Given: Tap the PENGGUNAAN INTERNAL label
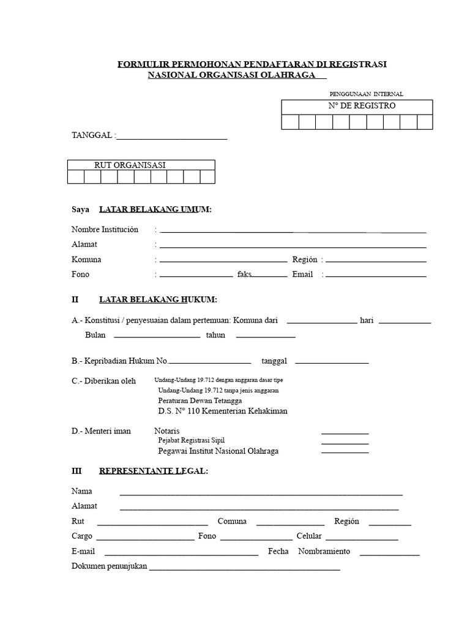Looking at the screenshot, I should [x=366, y=94].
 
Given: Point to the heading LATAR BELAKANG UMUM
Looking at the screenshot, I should [x=155, y=209].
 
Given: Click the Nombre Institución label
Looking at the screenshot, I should [x=105, y=230].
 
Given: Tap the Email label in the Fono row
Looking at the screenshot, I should [x=302, y=274].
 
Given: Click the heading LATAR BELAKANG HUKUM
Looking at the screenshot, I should [x=158, y=299].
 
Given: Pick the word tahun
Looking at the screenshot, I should [x=215, y=335].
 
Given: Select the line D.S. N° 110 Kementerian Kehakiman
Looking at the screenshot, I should [x=222, y=411].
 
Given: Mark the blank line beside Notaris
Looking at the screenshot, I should [x=345, y=432].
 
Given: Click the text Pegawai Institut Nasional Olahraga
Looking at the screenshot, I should [x=218, y=451].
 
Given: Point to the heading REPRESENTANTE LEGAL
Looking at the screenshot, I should [x=153, y=471].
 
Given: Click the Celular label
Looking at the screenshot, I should [x=309, y=536].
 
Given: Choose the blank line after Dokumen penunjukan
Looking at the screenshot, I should [x=244, y=568].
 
